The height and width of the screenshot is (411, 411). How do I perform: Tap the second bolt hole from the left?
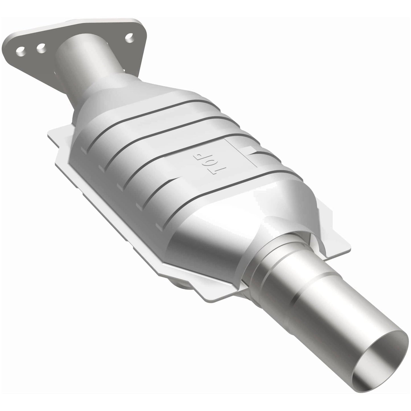42,47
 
